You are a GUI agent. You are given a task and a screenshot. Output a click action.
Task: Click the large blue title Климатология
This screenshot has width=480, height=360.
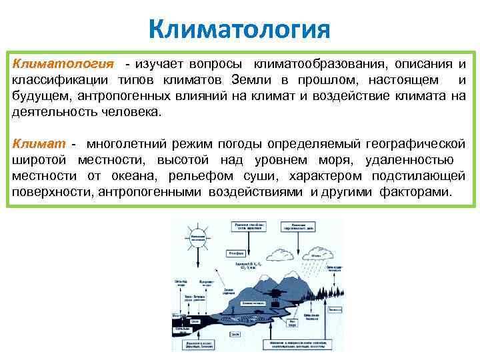pyautogui.click(x=239, y=29)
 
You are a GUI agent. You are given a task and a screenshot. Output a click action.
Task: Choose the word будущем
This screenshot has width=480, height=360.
pyautogui.click(x=39, y=96)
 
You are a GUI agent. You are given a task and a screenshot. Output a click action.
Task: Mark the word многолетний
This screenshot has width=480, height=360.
pyautogui.click(x=127, y=144)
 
